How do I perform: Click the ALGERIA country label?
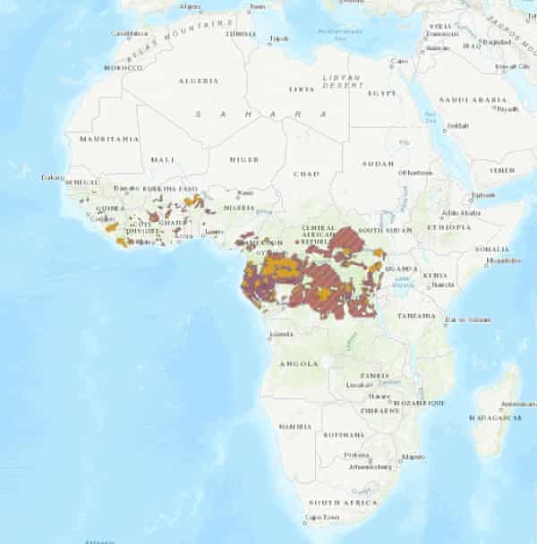(200, 81)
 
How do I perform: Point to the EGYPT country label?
(382, 93)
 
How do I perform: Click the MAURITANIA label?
(109, 140)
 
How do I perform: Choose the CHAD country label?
(307, 174)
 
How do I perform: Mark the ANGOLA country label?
(299, 363)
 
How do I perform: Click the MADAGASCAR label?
(495, 418)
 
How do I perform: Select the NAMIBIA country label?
(295, 427)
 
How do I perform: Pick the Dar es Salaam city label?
(463, 319)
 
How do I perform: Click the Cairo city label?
(399, 61)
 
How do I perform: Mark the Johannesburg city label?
(369, 466)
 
